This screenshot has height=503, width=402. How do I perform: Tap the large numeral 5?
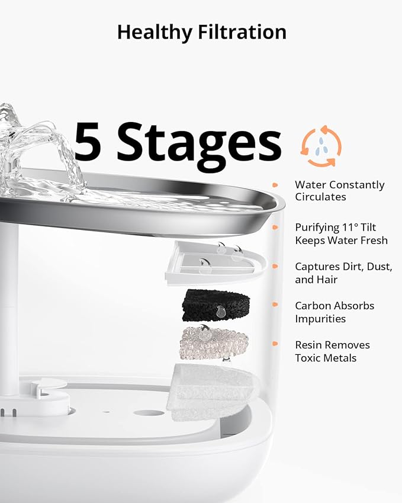88,142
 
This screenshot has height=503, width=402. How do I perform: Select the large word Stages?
199,143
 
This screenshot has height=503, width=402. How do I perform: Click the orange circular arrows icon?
321,146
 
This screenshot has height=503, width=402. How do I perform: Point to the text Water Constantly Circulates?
339,191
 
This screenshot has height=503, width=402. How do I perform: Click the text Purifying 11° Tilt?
335,228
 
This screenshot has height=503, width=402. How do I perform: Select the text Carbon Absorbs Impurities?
335,312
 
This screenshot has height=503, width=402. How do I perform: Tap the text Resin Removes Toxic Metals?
332,351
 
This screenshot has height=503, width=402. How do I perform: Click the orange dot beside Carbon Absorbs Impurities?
275,305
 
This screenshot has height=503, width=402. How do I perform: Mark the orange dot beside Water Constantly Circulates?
275,185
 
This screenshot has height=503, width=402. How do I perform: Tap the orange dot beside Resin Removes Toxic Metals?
275,344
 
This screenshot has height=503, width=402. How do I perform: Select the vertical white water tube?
9,308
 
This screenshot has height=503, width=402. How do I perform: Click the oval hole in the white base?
149,413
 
